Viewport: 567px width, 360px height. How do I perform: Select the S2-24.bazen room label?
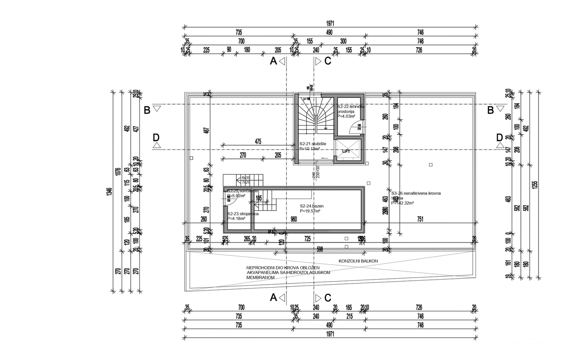click(x=311, y=206)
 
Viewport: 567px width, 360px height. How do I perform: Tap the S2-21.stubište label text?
click(x=312, y=144)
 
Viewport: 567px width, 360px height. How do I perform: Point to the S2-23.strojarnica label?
click(x=243, y=214)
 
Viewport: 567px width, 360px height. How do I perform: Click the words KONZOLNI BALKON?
click(x=358, y=261)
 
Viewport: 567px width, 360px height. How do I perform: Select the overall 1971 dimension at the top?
click(x=330, y=23)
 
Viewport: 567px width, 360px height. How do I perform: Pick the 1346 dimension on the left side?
click(x=110, y=191)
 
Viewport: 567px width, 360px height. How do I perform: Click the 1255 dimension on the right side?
click(x=535, y=184)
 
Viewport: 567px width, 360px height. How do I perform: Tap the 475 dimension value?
click(x=258, y=142)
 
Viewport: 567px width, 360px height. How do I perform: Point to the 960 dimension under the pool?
click(x=293, y=219)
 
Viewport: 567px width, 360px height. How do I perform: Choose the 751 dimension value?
click(x=420, y=219)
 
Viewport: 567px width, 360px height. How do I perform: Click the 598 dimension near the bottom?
click(x=319, y=249)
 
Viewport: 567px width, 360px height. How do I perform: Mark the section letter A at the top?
click(x=273, y=61)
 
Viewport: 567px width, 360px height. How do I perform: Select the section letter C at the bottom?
click(x=328, y=298)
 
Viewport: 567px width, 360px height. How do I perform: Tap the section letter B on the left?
click(x=147, y=110)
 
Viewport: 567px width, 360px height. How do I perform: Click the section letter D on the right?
click(x=499, y=137)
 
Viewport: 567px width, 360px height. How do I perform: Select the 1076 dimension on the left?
click(x=118, y=172)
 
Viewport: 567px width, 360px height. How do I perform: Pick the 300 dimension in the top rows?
click(x=343, y=41)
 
